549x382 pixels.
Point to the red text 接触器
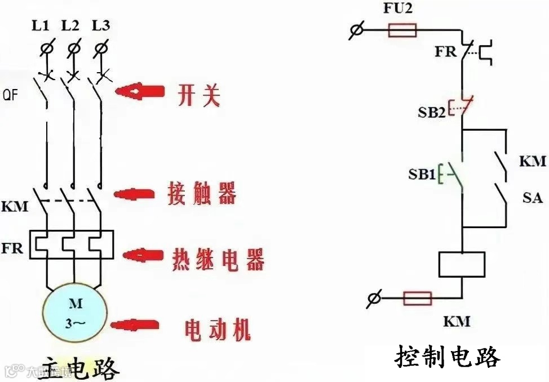coord(201,193)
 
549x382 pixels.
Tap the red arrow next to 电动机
coord(135,325)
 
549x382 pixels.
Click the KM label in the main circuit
coord(15,207)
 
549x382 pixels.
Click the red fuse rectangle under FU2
coord(402,30)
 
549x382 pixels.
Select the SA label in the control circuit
coord(532,198)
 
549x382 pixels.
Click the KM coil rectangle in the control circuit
coord(462,264)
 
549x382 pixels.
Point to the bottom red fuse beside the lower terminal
coord(417,298)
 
